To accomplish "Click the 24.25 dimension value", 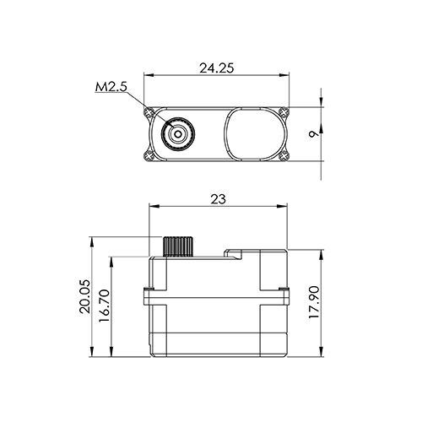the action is tap(217, 68).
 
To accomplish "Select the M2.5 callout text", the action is tap(111, 87).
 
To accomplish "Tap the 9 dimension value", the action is tap(314, 134).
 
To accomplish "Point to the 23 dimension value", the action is tap(218, 199).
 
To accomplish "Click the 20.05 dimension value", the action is tap(85, 296).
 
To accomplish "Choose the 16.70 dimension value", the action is tap(105, 306).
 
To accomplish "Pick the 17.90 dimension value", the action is tap(314, 302).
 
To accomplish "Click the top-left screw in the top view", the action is tap(149, 112).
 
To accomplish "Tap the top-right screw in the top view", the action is tap(284, 111).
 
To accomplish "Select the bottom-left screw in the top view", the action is tap(149, 155).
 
